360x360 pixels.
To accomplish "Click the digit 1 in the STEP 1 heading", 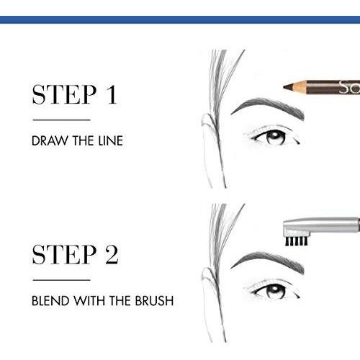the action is (x=112, y=94).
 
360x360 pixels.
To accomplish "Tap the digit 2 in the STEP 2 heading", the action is (x=112, y=255).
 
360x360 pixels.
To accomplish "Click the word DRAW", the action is (x=50, y=140).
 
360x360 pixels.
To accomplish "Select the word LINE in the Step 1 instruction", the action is (x=111, y=140).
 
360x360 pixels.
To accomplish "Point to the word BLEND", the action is (x=50, y=301).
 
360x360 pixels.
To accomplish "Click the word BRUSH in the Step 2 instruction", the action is (x=154, y=301).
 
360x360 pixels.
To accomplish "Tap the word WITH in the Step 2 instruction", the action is (x=90, y=301).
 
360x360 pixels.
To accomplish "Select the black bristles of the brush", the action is (x=296, y=241).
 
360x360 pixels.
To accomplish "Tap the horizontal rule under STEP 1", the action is (x=61, y=120).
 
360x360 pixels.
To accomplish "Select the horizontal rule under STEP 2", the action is (x=61, y=280).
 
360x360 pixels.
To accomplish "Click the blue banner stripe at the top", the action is (x=180, y=19).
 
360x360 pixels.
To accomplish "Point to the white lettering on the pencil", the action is (x=349, y=87).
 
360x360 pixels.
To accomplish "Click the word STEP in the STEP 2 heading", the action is (x=65, y=255).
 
